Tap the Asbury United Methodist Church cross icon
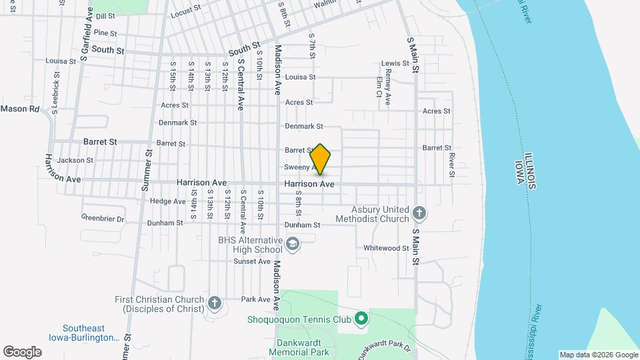[x=419, y=213]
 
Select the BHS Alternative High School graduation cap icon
[x=292, y=245]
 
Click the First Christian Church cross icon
[x=214, y=303]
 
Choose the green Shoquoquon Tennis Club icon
[x=361, y=319]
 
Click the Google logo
[x=22, y=351]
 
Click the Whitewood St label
[x=386, y=248]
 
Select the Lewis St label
[x=395, y=63]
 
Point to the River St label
[x=451, y=165]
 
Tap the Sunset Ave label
[x=251, y=261]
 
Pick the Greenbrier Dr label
[x=103, y=218]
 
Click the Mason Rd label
[x=20, y=108]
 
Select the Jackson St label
[x=75, y=160]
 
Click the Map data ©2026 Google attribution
[x=598, y=355]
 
